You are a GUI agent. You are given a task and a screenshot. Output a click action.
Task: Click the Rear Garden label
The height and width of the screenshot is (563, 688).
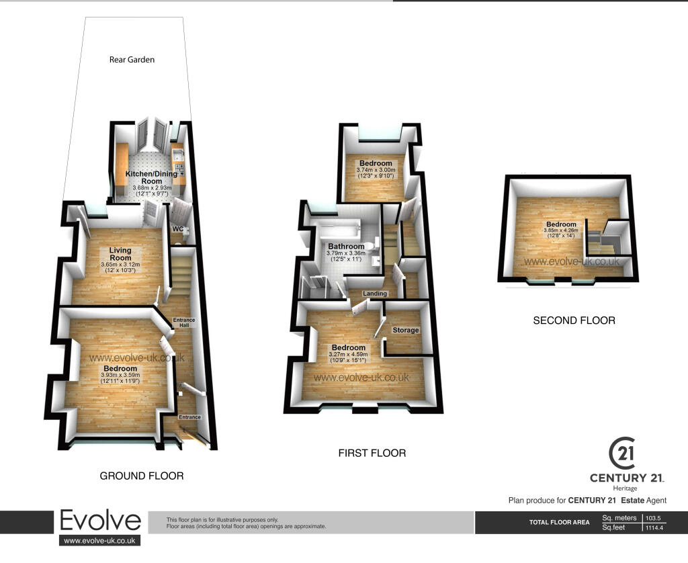132,60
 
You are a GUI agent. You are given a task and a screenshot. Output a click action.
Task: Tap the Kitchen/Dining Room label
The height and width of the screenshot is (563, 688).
151,177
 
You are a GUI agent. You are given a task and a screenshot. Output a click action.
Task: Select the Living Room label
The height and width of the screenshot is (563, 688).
120,254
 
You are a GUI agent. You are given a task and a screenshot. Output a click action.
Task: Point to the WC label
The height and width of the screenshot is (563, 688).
177,229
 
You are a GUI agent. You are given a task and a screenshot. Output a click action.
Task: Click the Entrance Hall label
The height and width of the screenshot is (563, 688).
184,322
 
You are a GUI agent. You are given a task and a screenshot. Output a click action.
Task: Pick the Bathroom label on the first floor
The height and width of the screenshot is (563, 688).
346,247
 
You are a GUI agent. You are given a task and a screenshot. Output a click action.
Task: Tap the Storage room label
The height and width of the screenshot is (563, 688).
405,330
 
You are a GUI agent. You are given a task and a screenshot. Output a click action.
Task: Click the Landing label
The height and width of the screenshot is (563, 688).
375,293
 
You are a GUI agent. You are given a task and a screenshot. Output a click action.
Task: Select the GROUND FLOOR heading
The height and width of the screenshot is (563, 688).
142,476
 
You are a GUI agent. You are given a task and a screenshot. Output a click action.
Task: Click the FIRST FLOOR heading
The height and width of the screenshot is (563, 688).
372,453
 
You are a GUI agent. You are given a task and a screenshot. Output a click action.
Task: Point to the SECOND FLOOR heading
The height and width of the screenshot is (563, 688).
574,320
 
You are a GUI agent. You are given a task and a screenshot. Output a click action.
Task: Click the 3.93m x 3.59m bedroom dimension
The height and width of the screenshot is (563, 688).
120,375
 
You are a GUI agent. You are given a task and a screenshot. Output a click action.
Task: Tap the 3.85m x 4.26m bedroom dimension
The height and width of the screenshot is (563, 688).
561,230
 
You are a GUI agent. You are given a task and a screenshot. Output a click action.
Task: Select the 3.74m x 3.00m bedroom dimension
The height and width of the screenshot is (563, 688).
376,170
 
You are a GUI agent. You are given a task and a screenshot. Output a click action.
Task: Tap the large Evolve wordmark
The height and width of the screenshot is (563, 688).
100,521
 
